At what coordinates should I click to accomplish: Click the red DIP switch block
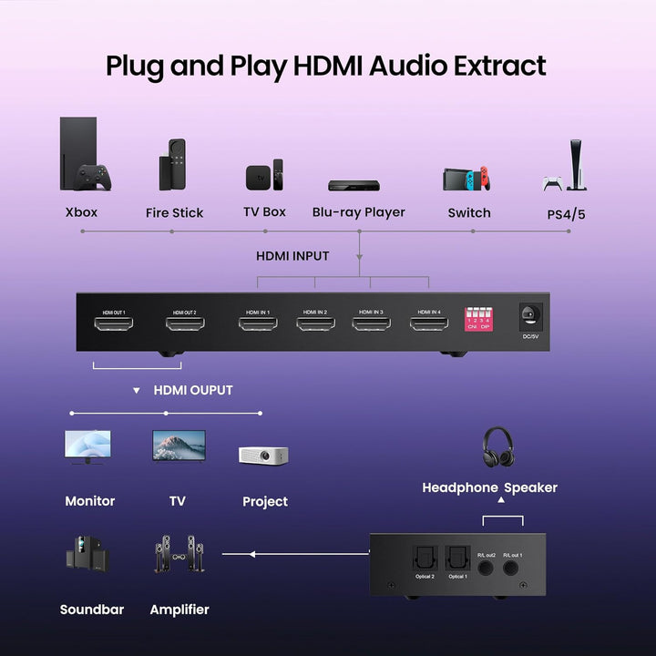point(478,320)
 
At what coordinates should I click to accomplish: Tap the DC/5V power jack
point(530,317)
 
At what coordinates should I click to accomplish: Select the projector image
point(264,455)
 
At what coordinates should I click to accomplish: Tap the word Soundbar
point(92,610)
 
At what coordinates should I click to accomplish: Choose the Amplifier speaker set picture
point(179,556)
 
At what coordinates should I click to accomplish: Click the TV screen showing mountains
point(179,446)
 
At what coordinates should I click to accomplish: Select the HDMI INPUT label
point(292,256)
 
